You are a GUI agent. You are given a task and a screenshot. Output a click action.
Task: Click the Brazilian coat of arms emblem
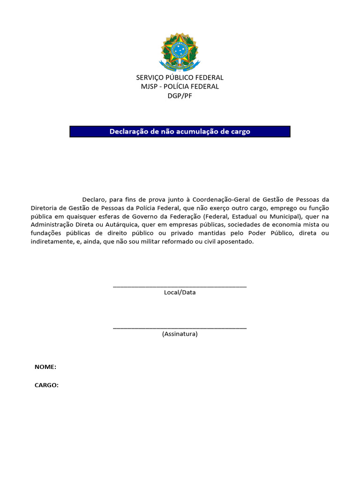click(x=180, y=52)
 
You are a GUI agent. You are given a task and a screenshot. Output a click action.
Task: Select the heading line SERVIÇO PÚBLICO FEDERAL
click(x=180, y=77)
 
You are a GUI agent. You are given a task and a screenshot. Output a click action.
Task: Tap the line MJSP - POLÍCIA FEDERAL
click(x=180, y=87)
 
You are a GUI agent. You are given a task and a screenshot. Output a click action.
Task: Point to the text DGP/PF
click(x=180, y=96)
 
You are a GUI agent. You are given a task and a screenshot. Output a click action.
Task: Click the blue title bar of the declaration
click(x=180, y=132)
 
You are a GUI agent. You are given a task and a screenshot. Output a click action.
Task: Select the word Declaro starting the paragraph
click(x=94, y=199)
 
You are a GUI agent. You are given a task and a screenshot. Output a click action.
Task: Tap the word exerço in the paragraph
click(x=232, y=208)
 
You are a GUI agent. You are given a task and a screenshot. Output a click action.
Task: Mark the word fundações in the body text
click(x=46, y=233)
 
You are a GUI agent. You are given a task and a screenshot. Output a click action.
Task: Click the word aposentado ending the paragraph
click(x=233, y=241)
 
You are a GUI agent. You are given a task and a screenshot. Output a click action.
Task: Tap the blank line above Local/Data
click(x=180, y=285)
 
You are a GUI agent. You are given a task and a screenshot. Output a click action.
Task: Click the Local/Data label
click(x=180, y=292)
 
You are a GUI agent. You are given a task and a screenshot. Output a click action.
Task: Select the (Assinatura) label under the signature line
click(x=180, y=334)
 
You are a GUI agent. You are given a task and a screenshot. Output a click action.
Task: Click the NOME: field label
click(x=45, y=367)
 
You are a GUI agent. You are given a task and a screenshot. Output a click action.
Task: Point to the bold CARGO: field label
click(x=46, y=385)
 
